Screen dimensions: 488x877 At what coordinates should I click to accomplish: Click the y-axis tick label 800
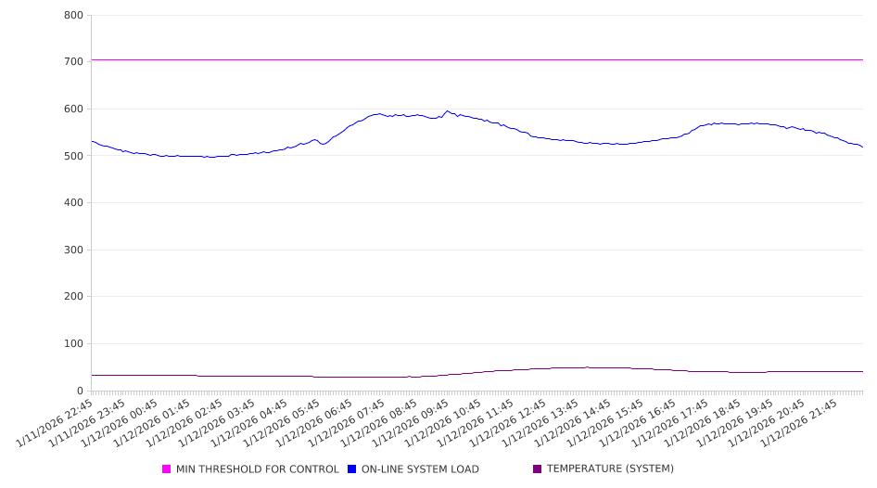[x=74, y=15]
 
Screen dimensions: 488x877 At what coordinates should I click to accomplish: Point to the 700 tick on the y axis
[x=74, y=61]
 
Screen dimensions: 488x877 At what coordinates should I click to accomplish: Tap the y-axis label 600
[x=74, y=109]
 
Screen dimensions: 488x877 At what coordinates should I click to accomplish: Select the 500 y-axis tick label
[x=74, y=156]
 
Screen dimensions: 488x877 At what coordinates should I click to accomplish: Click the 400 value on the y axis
[x=74, y=202]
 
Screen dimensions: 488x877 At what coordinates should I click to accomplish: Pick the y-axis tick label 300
[x=74, y=250]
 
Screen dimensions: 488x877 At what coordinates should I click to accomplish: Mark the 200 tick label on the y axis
[x=74, y=297]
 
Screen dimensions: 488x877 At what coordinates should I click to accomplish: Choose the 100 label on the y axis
[x=74, y=343]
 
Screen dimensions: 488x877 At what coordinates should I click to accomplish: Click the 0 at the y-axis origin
[x=81, y=391]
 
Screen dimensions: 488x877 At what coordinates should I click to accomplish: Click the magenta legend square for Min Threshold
[x=167, y=469]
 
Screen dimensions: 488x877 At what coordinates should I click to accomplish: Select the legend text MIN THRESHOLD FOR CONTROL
[x=258, y=469]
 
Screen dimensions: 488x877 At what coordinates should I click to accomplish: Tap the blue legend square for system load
[x=352, y=469]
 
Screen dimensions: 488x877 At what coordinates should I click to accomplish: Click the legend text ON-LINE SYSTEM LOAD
[x=420, y=469]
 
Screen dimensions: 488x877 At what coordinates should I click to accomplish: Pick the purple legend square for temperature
[x=538, y=469]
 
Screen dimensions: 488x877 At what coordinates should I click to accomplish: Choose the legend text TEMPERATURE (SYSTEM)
[x=610, y=469]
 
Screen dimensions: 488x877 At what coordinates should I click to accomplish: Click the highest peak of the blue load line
[x=447, y=111]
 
